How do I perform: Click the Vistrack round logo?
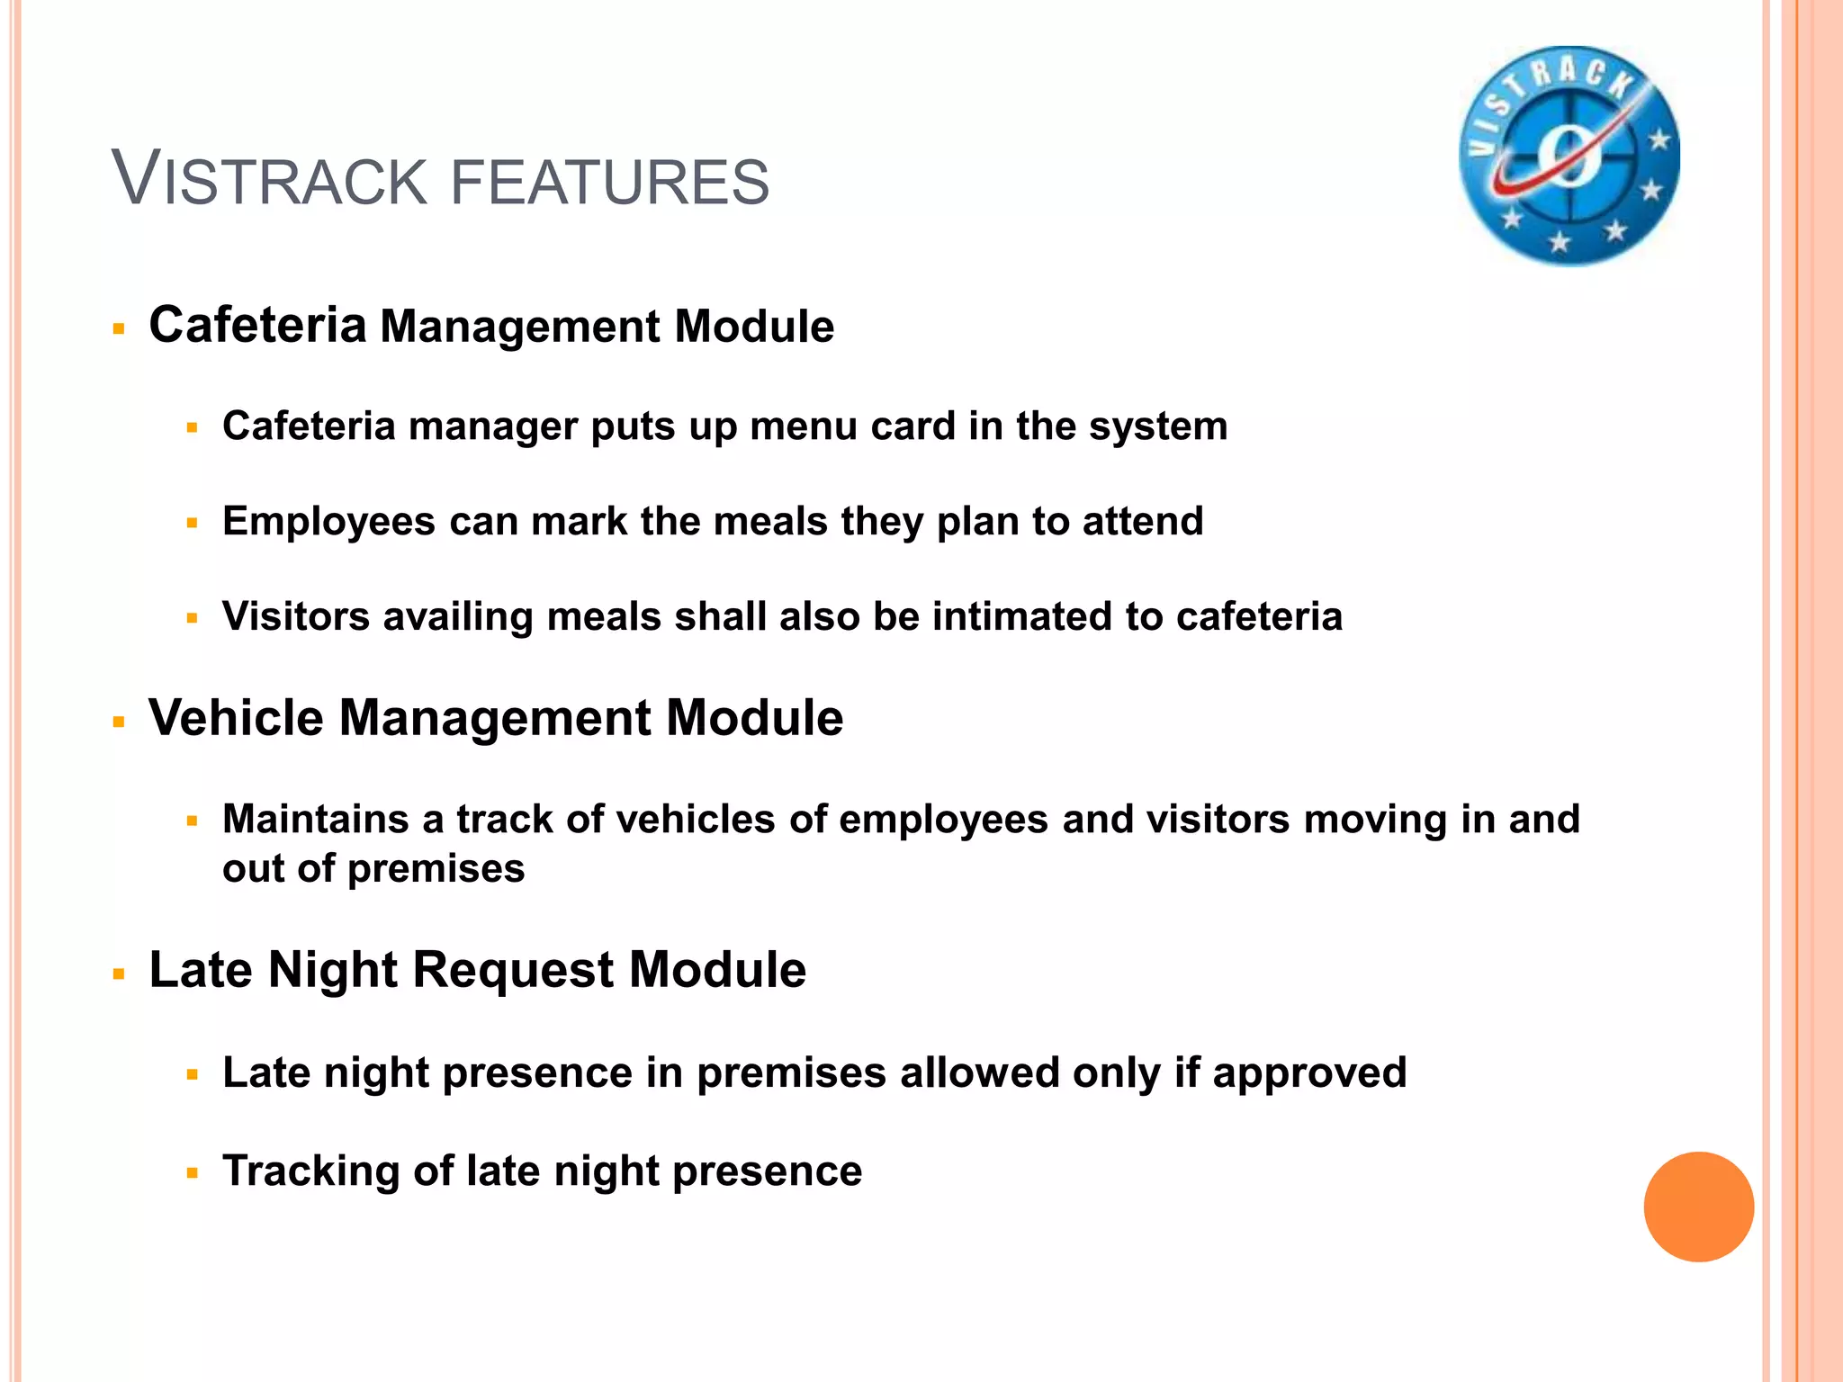coord(1569,156)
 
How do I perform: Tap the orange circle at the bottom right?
coord(1698,1207)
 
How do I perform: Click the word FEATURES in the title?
coord(609,182)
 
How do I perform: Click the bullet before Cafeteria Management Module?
coord(118,329)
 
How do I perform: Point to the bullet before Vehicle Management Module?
coord(118,722)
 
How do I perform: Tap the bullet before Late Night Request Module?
coord(118,974)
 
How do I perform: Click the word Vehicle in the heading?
coord(236,718)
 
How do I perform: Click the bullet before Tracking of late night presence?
coord(192,1173)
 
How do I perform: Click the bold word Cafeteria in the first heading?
coord(257,325)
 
